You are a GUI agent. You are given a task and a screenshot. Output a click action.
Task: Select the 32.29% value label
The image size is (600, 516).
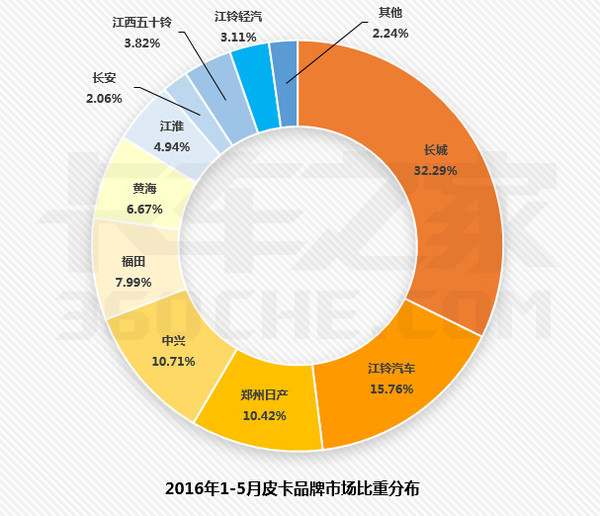(436, 170)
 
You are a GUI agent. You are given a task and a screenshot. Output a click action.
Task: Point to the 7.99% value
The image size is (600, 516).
(134, 282)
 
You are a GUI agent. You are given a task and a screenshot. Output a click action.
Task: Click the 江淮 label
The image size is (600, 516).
(171, 127)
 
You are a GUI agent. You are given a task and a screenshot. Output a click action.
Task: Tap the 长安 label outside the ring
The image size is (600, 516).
(104, 78)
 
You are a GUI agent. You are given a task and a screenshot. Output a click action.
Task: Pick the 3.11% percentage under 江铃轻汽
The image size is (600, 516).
(239, 36)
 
